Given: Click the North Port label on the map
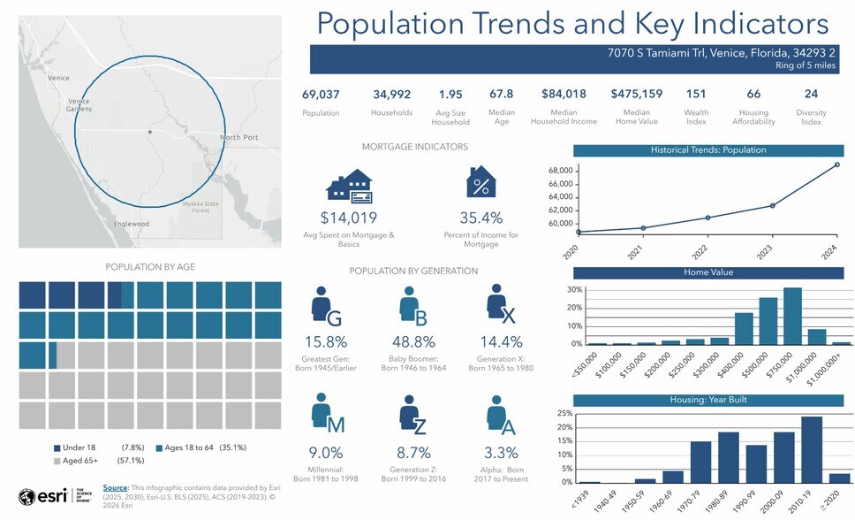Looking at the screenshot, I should click(238, 137).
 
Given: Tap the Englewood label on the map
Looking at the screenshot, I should click(132, 224).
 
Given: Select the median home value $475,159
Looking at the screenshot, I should click(636, 94).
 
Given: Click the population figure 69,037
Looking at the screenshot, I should click(321, 94).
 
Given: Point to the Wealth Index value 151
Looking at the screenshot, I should click(696, 94).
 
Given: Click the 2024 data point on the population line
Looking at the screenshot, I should click(836, 164).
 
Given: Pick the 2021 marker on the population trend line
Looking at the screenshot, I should click(643, 228).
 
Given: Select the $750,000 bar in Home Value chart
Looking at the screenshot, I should click(791, 316).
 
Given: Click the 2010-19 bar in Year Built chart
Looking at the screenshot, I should click(811, 450).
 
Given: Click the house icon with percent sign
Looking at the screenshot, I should click(480, 183).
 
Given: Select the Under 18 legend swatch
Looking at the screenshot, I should click(57, 447).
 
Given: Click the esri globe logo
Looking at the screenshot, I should click(27, 495).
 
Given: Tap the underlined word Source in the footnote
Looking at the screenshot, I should click(115, 487).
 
